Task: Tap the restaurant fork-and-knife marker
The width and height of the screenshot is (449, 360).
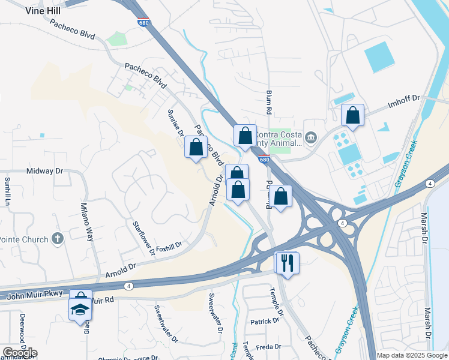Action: (287, 262)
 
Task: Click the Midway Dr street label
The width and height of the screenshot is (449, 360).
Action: (45, 171)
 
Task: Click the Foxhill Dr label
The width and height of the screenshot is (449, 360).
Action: (169, 245)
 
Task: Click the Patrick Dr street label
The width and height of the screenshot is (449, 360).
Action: (265, 321)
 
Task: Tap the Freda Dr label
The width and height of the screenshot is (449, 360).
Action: (268, 347)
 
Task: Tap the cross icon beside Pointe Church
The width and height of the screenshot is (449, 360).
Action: (58, 239)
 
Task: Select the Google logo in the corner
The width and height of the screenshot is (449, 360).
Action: (20, 353)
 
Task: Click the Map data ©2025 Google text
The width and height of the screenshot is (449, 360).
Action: (412, 355)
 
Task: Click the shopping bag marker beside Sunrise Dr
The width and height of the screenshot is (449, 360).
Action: (196, 147)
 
